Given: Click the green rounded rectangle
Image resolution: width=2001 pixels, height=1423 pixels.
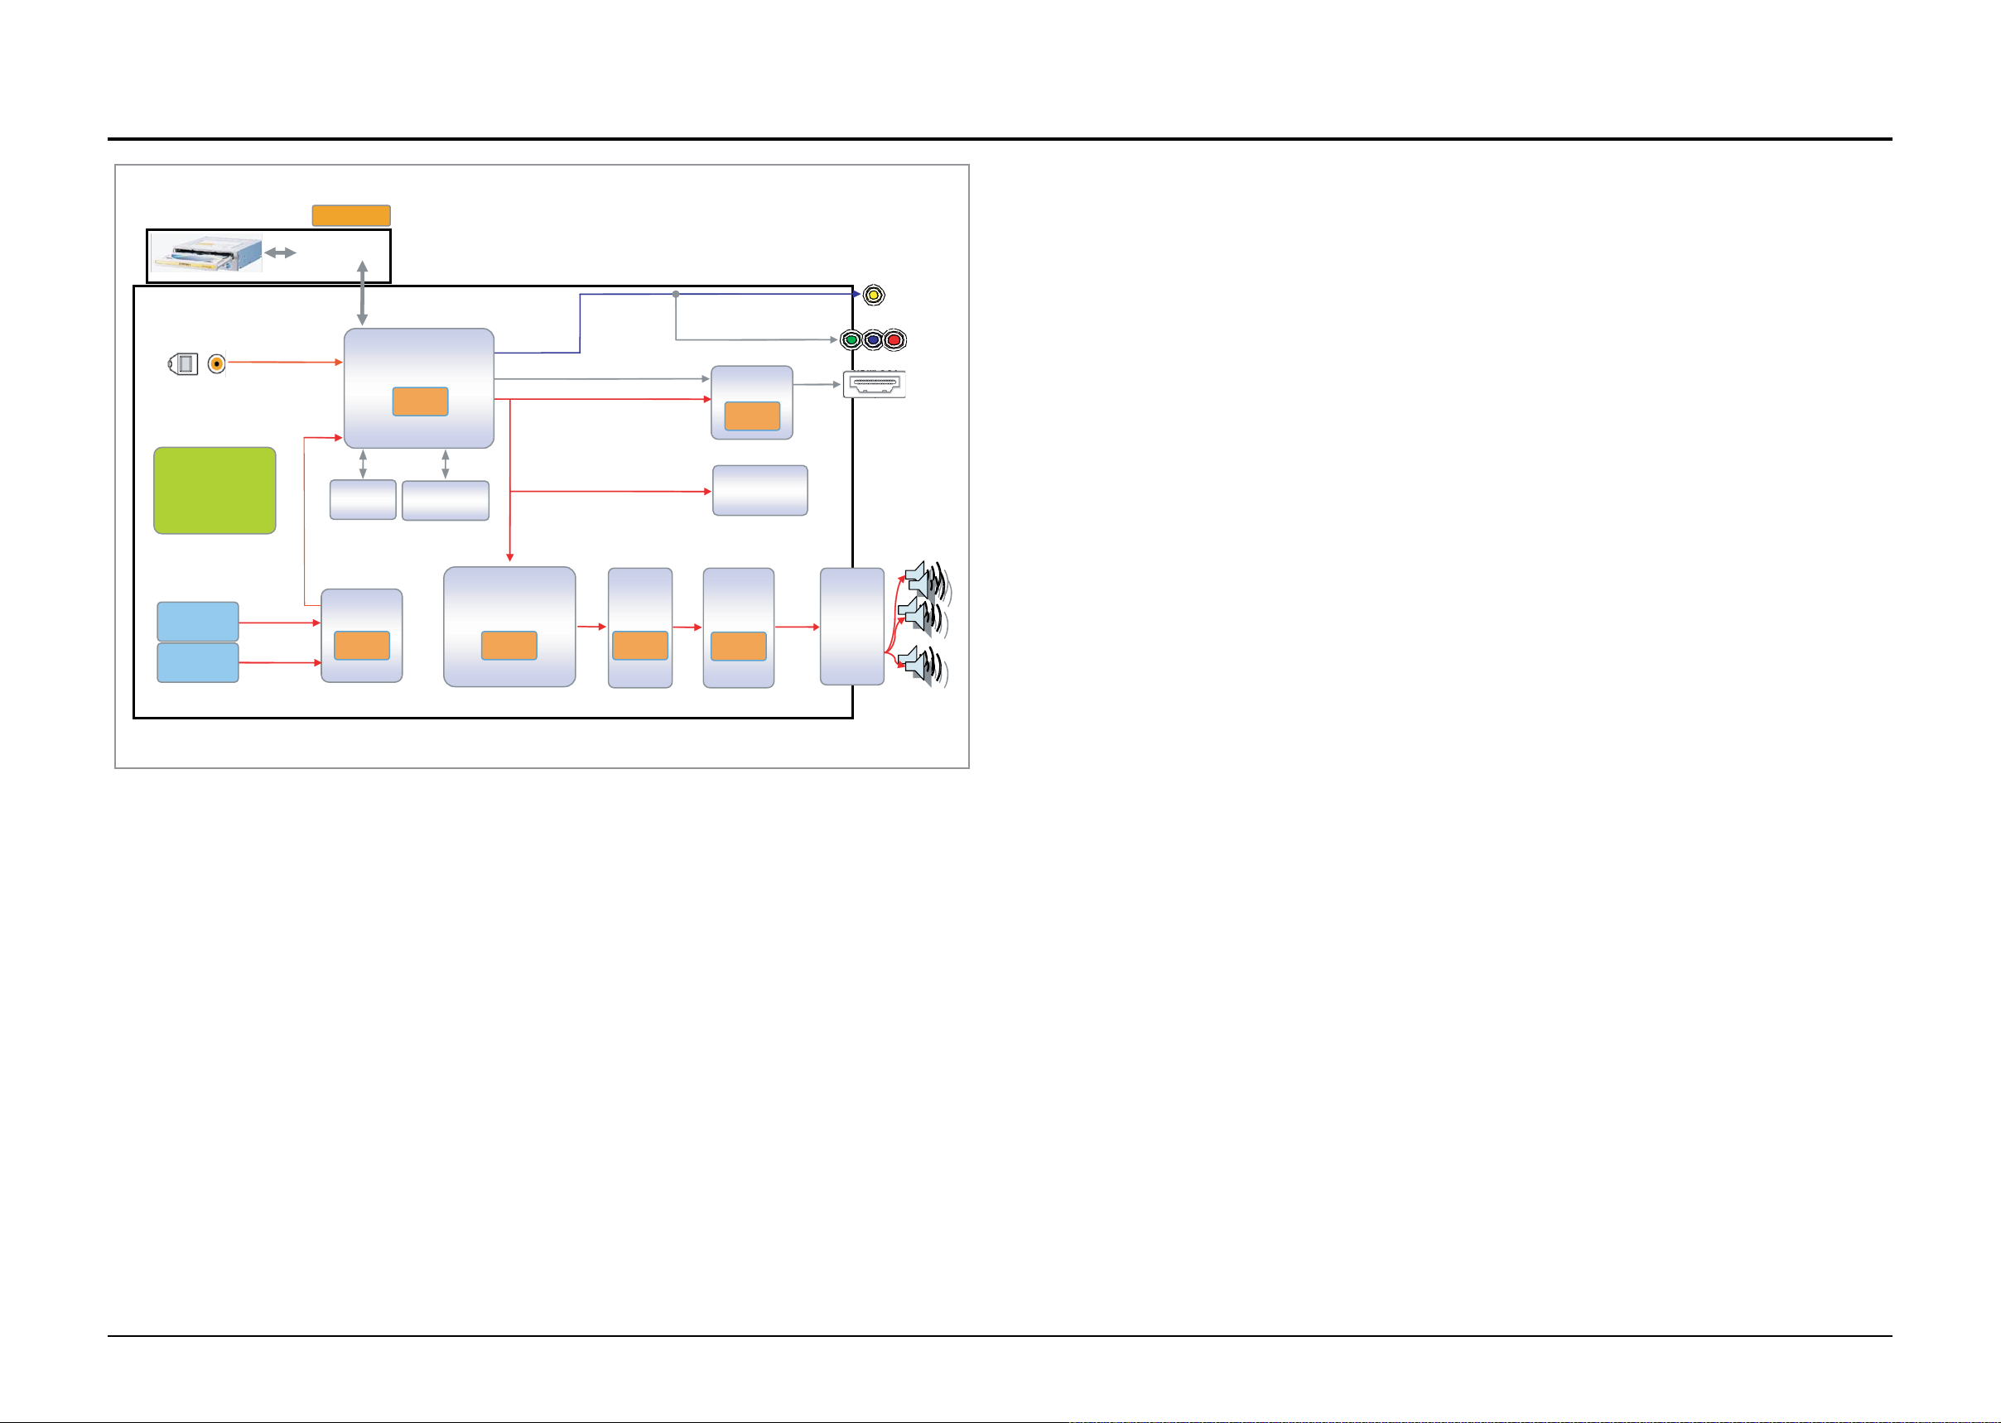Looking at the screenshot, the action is pos(215,491).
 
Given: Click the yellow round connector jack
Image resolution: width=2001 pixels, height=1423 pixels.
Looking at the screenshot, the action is pos(873,296).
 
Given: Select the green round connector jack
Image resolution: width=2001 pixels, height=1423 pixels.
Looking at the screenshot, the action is pos(851,340).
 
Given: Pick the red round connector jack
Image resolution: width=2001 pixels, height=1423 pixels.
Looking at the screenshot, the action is pos(894,340).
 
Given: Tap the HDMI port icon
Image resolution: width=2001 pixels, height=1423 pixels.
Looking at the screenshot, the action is pos(875,384).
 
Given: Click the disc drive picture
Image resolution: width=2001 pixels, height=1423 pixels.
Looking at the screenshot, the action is pos(207,253).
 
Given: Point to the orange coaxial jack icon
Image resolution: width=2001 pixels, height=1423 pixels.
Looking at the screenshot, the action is pos(216,363).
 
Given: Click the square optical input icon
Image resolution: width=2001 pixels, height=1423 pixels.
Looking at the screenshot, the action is pos(183,363).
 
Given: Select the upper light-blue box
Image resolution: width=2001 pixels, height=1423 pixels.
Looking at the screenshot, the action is pos(197,621).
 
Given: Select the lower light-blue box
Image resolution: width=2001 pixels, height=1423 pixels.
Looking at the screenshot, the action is pos(197,662).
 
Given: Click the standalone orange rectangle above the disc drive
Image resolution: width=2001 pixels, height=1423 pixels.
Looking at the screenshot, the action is pos(350,215).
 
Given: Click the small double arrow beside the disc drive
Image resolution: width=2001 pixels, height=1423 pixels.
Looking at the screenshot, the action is pos(281,253).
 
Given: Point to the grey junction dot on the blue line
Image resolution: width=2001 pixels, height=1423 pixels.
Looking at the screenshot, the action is pos(676,295).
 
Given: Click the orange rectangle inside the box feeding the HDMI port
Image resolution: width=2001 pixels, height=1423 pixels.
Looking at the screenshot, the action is pos(752,416).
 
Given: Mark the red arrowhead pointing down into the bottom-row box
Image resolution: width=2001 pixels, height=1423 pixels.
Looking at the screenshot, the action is pos(509,556).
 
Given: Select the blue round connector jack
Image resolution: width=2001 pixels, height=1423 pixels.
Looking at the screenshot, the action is pos(873,340).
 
